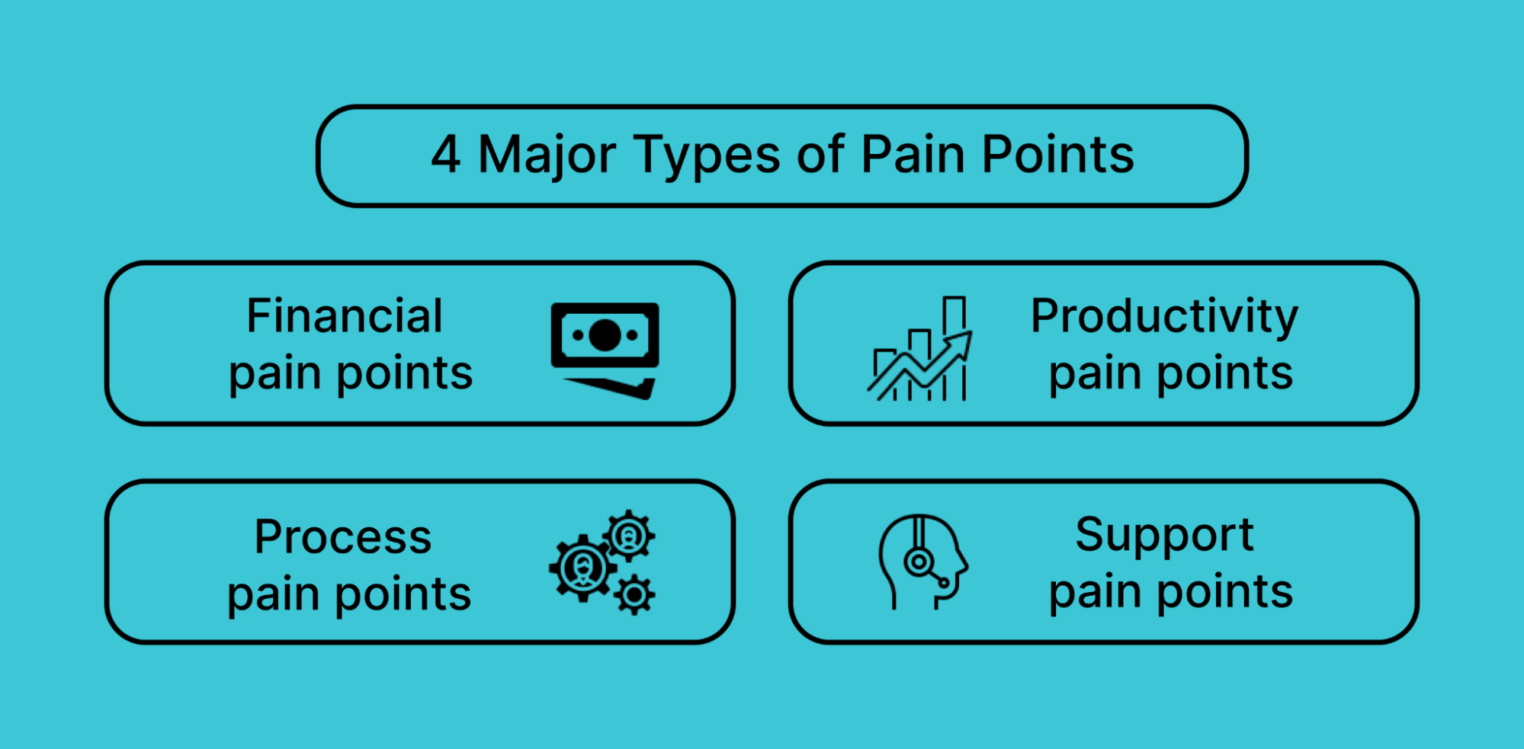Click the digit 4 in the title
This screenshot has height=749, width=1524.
[x=446, y=155]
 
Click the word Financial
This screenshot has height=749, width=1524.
[x=344, y=315]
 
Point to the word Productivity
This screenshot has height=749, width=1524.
[x=1164, y=317]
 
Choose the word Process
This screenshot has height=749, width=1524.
[x=343, y=536]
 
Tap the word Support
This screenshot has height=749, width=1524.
[x=1164, y=536]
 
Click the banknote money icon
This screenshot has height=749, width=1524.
[x=605, y=350]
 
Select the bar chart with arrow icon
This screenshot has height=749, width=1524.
[x=920, y=348]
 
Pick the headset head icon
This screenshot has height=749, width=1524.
[x=922, y=562]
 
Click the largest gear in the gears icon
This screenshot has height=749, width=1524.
[x=583, y=568]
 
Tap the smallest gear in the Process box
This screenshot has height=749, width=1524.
[x=634, y=595]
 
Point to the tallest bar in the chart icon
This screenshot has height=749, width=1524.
[x=955, y=347]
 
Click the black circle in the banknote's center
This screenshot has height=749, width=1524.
[x=605, y=335]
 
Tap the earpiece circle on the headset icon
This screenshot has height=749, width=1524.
[x=919, y=562]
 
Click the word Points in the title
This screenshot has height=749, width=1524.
[x=1057, y=155]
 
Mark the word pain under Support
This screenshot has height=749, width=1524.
[x=1095, y=592]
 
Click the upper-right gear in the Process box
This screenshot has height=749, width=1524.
[x=629, y=536]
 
